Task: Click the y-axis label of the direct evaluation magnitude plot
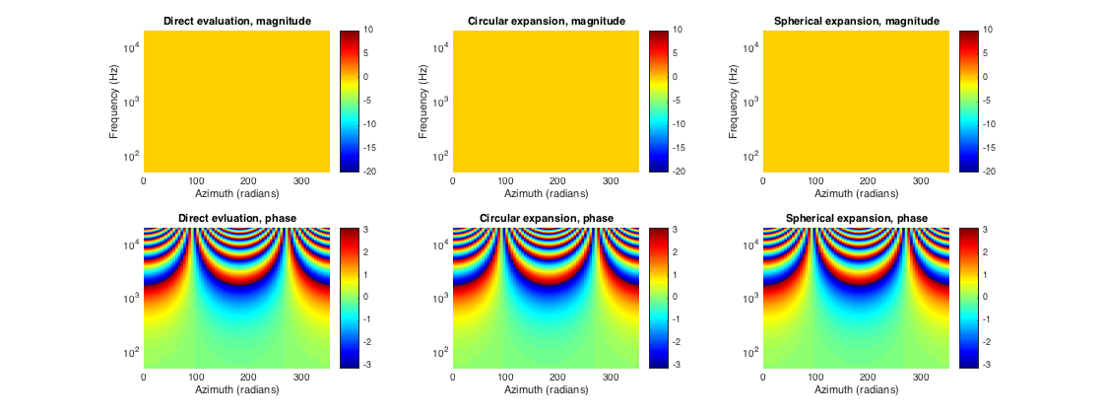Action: (115, 101)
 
